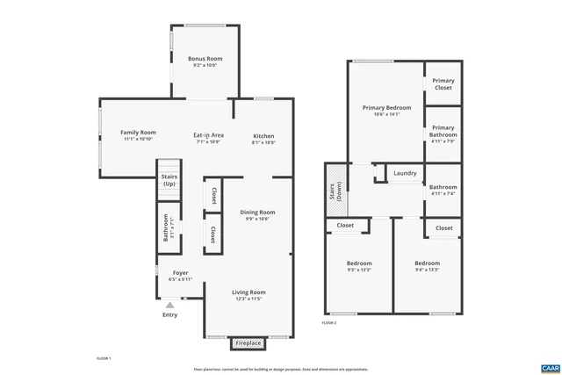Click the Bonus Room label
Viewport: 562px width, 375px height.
click(x=202, y=59)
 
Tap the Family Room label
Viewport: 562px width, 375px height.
click(x=138, y=133)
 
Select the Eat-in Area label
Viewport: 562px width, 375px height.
click(x=209, y=135)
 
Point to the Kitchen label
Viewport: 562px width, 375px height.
click(x=263, y=136)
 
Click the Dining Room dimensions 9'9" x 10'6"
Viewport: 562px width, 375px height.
click(x=257, y=219)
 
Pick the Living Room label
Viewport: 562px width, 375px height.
click(x=249, y=292)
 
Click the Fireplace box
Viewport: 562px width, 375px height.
click(x=249, y=343)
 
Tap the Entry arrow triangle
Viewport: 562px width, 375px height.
click(x=169, y=304)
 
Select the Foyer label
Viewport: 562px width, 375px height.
click(x=180, y=272)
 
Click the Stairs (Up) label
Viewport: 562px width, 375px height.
click(x=169, y=180)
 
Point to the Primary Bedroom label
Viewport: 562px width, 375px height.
click(x=386, y=107)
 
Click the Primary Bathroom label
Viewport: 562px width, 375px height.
click(x=443, y=132)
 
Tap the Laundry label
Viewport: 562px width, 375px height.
click(x=405, y=173)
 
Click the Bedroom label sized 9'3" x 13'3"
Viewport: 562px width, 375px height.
click(x=358, y=263)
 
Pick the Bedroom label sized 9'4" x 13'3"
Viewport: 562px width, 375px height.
click(x=427, y=263)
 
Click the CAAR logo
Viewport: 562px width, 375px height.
click(x=550, y=366)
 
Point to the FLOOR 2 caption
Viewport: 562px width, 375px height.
click(x=328, y=323)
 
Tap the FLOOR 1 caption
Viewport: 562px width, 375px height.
click(x=104, y=358)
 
